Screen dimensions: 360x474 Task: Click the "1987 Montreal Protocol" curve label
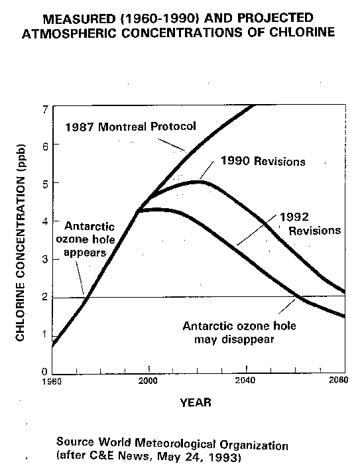coord(131,127)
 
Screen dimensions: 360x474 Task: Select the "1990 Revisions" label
coord(263,161)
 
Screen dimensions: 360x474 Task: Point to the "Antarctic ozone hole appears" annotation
coord(86,239)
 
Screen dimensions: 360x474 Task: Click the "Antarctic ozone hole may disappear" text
coord(239,333)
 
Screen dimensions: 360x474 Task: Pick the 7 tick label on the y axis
coord(45,110)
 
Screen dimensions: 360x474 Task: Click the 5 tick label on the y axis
coord(45,184)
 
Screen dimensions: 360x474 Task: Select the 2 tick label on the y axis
coord(45,297)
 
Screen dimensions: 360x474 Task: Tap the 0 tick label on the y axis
coord(44,371)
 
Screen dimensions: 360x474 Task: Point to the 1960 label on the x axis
coord(52,381)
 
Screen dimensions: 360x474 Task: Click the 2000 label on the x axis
coord(148,381)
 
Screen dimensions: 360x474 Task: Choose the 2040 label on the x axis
coord(245,380)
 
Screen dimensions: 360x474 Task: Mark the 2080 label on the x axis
coord(339,380)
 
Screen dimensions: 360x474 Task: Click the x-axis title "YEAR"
coord(196,402)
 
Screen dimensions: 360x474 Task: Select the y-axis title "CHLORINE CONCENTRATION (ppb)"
coord(20,243)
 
